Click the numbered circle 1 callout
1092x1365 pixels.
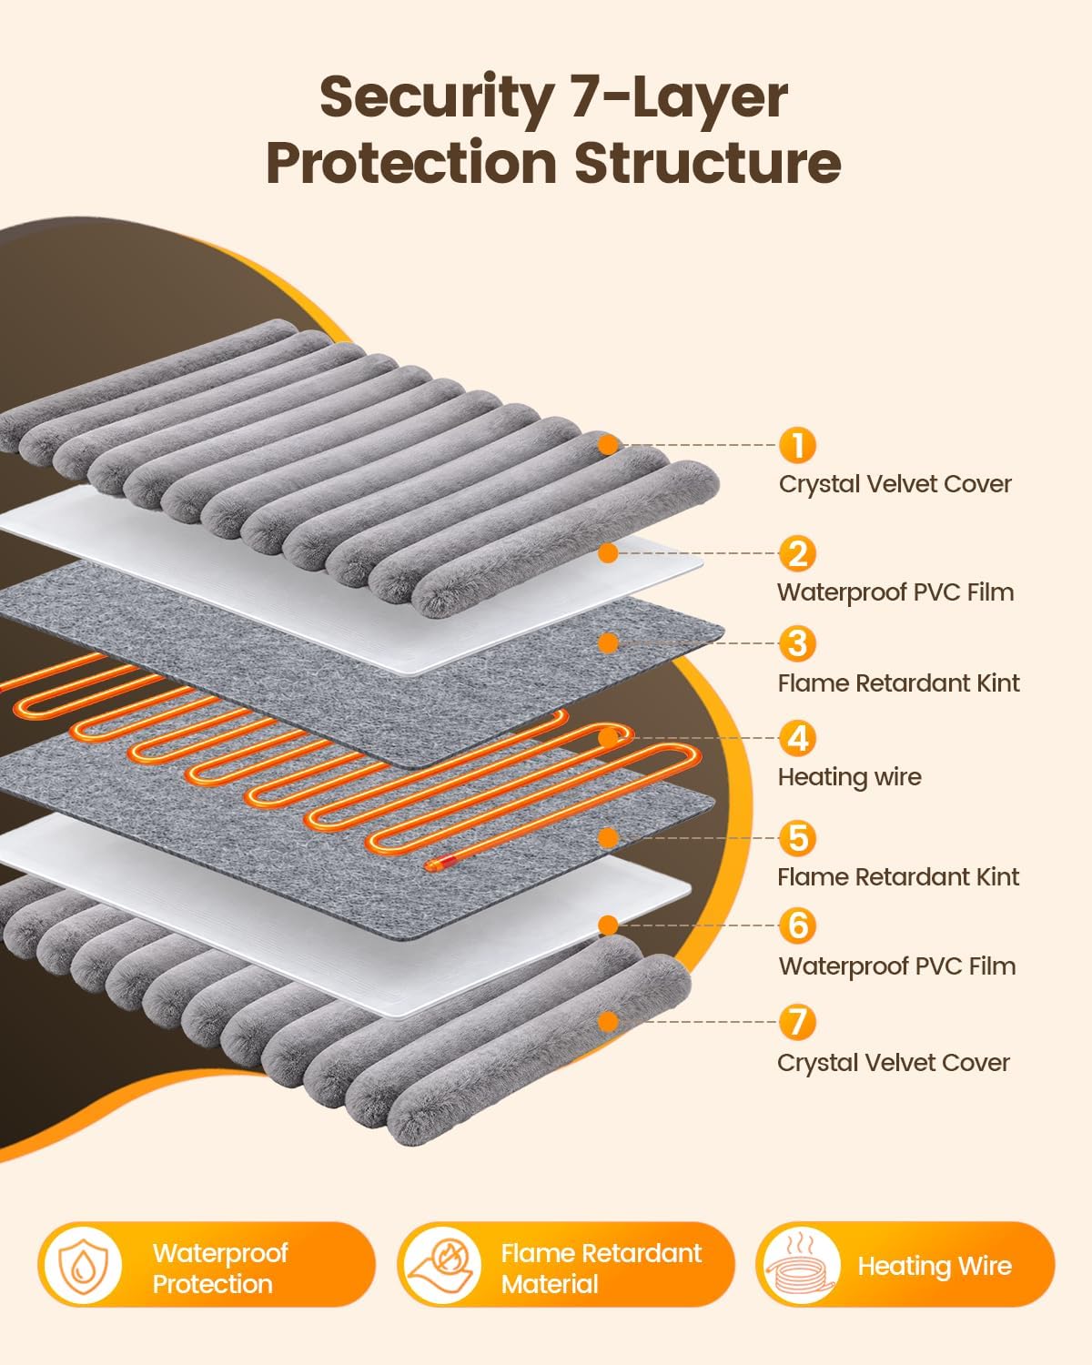797,445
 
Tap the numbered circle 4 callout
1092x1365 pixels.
797,738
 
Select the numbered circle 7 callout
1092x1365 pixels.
797,1022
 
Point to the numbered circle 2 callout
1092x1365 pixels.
797,553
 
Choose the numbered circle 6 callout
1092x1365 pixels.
797,925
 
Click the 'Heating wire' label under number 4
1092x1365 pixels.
850,777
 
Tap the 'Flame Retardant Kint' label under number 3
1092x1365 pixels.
898,683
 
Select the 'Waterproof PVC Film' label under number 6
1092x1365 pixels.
897,966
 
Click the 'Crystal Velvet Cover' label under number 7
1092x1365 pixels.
894,1063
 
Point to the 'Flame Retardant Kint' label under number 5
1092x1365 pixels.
898,877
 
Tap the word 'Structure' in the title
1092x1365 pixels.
707,163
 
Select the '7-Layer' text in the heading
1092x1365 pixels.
680,98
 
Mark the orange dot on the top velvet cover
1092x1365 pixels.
608,445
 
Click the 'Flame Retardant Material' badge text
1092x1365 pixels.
601,1269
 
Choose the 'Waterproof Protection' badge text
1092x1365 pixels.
220,1269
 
